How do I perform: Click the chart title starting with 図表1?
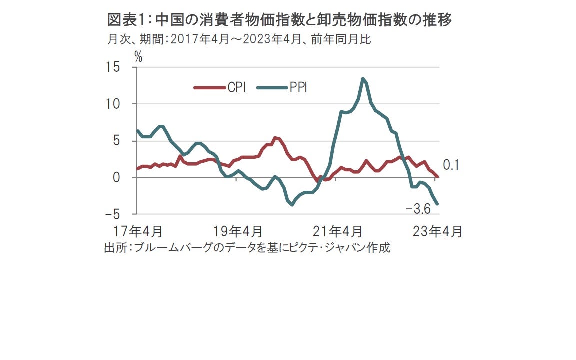point(280,20)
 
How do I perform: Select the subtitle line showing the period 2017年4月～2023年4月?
point(239,39)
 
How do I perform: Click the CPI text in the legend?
point(236,88)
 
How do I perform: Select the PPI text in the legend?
point(298,88)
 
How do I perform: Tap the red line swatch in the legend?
point(209,88)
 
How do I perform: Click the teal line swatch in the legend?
point(272,88)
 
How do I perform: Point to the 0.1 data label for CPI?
point(451,165)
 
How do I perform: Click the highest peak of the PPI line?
point(363,78)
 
